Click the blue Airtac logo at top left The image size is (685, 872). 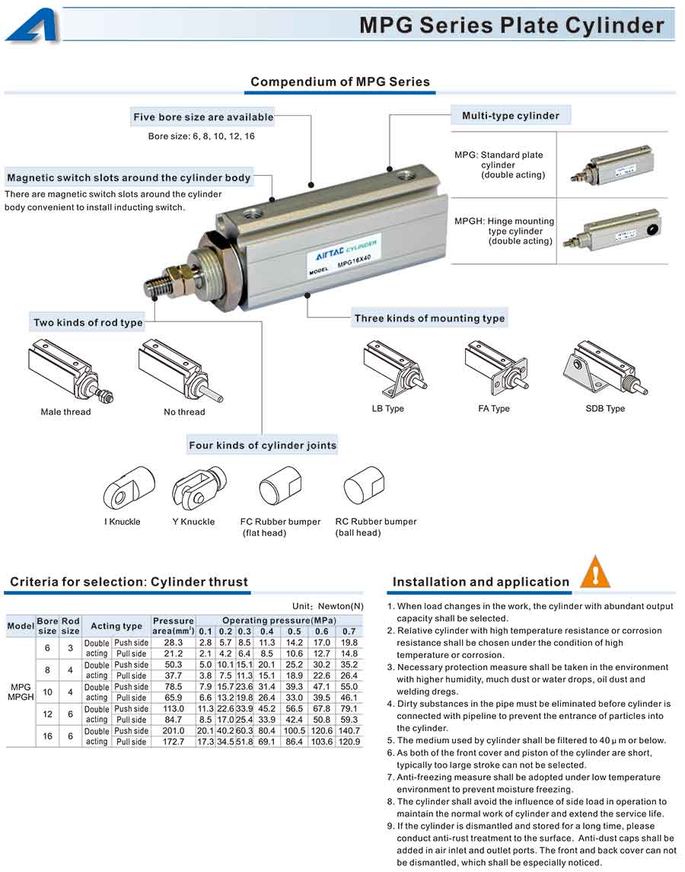(31, 25)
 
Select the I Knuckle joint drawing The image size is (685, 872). (123, 487)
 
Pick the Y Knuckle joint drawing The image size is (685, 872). (197, 486)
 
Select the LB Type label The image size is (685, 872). (388, 409)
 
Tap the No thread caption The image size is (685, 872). (184, 412)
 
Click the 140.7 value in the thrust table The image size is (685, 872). (349, 731)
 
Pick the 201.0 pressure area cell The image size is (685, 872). (174, 731)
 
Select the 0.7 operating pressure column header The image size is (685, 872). (349, 631)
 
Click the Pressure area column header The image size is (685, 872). (174, 626)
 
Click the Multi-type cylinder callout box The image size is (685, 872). (511, 116)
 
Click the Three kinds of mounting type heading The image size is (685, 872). (429, 318)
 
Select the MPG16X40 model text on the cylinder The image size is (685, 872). (354, 260)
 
